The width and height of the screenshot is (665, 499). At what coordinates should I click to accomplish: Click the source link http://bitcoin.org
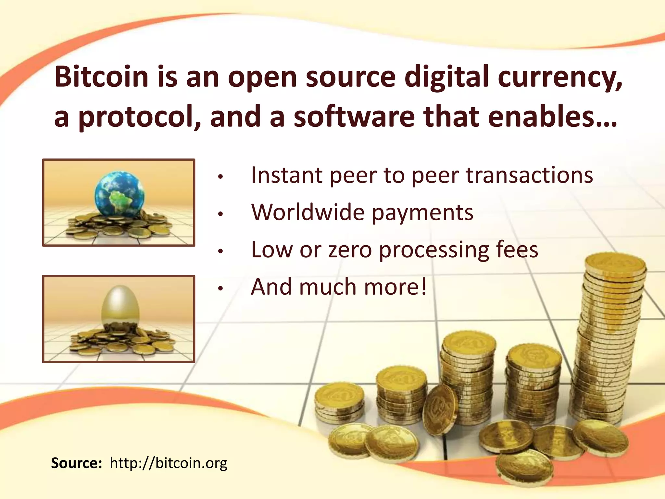[x=169, y=463]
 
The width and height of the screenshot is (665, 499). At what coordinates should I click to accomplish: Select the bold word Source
[x=77, y=463]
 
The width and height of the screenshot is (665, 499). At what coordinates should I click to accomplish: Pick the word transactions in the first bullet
[x=529, y=175]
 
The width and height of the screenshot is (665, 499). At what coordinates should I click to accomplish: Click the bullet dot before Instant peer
[x=220, y=177]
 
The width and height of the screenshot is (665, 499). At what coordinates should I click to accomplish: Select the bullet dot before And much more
[x=220, y=288]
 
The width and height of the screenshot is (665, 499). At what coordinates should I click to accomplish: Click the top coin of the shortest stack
[x=340, y=395]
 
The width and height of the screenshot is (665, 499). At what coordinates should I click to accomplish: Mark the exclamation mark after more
[x=423, y=287]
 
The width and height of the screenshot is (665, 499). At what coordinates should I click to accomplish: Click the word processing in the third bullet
[x=434, y=250]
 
